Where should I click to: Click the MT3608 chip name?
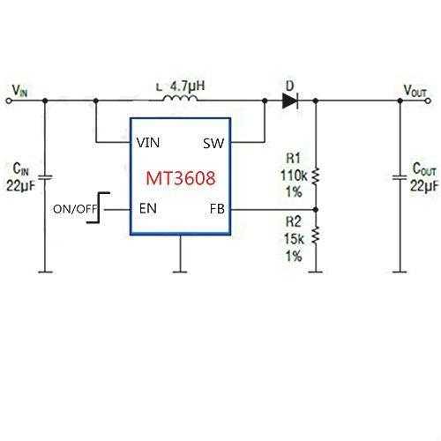tap(181, 178)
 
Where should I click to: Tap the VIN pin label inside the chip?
tap(148, 143)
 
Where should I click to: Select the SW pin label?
tap(213, 144)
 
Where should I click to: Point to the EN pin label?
tap(148, 208)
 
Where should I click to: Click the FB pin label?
tap(217, 209)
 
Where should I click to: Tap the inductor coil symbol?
tap(180, 98)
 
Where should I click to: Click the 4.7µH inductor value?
tap(188, 86)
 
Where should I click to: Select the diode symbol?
tap(290, 101)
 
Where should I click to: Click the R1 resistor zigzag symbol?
tap(316, 176)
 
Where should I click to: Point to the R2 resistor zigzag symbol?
tap(316, 235)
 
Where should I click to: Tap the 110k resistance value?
tap(294, 176)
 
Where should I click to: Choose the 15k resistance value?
tap(294, 239)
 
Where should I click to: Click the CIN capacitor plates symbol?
tap(45, 177)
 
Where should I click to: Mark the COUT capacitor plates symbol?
tap(400, 177)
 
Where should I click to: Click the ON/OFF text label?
tap(75, 209)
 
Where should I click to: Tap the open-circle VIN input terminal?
tap(9, 101)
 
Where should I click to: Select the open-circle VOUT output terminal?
tap(428, 101)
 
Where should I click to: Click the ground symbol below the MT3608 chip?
tap(180, 272)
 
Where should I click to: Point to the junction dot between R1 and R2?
tap(316, 210)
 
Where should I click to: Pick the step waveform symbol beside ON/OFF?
tap(99, 207)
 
